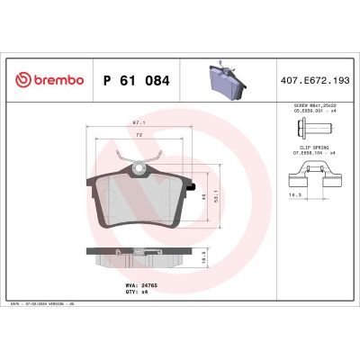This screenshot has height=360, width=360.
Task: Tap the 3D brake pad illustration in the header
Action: coord(222,81)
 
